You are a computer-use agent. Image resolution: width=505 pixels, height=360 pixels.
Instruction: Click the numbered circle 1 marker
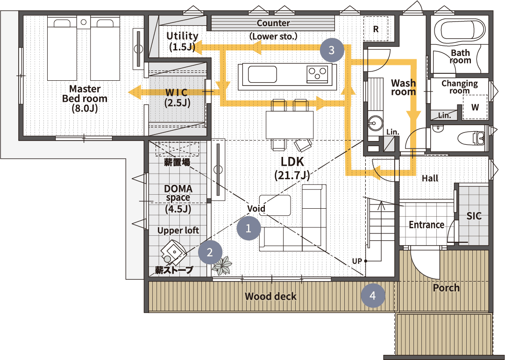click(x=249, y=228)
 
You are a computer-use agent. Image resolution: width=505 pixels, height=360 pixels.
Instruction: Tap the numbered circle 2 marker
click(x=210, y=252)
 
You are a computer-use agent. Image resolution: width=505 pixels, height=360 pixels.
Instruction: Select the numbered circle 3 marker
click(x=332, y=50)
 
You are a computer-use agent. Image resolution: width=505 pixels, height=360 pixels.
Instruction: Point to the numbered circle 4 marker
click(x=373, y=295)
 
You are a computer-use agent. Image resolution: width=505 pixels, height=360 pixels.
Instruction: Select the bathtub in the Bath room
click(x=459, y=30)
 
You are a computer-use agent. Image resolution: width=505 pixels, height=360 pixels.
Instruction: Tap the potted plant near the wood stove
click(x=222, y=266)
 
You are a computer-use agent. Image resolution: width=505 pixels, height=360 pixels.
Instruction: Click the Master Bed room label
click(x=85, y=98)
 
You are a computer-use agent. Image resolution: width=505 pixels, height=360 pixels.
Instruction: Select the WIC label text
click(x=177, y=92)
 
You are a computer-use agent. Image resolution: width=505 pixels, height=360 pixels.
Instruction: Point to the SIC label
click(x=474, y=216)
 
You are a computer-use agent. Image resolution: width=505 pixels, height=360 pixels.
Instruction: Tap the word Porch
click(x=446, y=288)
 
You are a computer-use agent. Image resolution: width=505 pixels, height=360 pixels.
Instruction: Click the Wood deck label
click(x=270, y=296)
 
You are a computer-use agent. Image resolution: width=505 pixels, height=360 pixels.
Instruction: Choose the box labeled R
click(x=376, y=28)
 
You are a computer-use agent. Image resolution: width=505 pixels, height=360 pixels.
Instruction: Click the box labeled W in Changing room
click(x=475, y=107)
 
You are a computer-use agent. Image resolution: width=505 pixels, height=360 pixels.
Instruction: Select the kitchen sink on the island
click(x=262, y=75)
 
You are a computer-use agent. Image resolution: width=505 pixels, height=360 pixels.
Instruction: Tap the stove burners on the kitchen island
click(x=317, y=74)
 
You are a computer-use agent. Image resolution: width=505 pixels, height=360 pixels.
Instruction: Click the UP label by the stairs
click(x=357, y=261)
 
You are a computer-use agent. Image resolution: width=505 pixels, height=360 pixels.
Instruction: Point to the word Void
click(x=256, y=209)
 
